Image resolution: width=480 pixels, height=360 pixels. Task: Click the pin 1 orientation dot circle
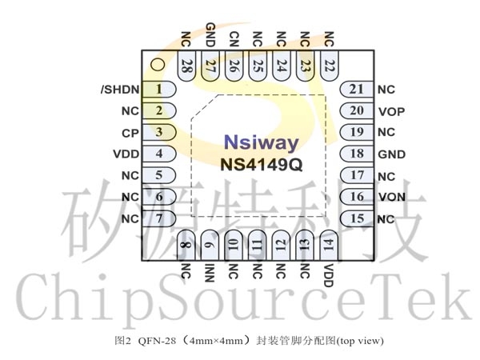pyautogui.click(x=158, y=65)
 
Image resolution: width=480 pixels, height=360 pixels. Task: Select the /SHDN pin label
pyautogui.click(x=120, y=90)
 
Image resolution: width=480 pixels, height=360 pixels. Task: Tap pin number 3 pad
pyautogui.click(x=159, y=132)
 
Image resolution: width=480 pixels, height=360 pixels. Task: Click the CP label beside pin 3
pyautogui.click(x=130, y=133)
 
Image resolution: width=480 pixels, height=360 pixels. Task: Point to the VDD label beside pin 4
pyautogui.click(x=126, y=154)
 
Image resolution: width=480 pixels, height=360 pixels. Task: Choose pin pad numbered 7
pyautogui.click(x=159, y=218)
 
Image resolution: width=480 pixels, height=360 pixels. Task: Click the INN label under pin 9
pyautogui.click(x=209, y=273)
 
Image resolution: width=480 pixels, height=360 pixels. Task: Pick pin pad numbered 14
pyautogui.click(x=329, y=245)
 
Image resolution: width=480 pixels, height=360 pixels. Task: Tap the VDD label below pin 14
pyautogui.click(x=328, y=275)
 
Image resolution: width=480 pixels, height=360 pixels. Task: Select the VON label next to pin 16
pyautogui.click(x=392, y=197)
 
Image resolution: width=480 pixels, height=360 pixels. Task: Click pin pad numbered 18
pyautogui.click(x=357, y=154)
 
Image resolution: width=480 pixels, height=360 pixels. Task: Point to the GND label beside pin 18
pyautogui.click(x=391, y=154)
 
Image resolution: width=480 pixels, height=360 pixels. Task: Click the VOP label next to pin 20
pyautogui.click(x=391, y=112)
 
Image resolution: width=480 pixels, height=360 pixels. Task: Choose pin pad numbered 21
pyautogui.click(x=357, y=90)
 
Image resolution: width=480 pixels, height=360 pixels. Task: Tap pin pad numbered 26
pyautogui.click(x=234, y=66)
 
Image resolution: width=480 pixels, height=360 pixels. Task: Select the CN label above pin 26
pyautogui.click(x=234, y=39)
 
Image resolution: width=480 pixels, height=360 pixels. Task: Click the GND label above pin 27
pyautogui.click(x=210, y=34)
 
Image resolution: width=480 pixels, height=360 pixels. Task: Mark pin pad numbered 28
pyautogui.click(x=186, y=66)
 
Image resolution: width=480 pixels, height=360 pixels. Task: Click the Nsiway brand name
pyautogui.click(x=261, y=142)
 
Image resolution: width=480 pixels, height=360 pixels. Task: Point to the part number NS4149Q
pyautogui.click(x=262, y=165)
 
